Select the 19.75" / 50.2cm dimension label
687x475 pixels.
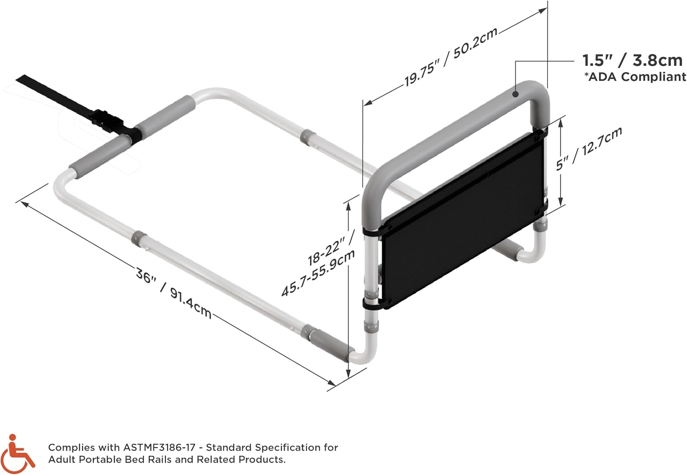[450, 57]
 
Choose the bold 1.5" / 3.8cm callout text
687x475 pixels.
[632, 60]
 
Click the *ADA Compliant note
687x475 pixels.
[635, 76]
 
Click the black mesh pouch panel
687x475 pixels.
[463, 219]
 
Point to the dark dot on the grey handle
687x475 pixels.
[516, 94]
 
